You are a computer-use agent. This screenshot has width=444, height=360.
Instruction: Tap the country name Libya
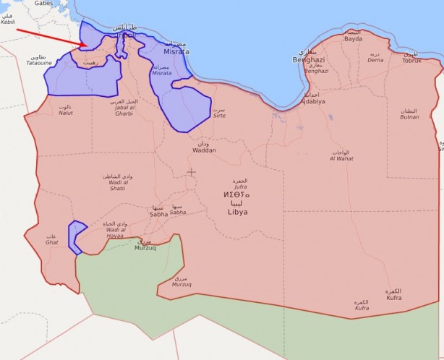click(x=237, y=212)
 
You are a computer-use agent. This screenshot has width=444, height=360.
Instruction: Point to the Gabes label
click(x=44, y=3)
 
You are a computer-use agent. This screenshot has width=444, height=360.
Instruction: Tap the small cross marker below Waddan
click(x=191, y=171)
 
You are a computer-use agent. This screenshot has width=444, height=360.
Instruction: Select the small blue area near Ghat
click(x=74, y=236)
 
